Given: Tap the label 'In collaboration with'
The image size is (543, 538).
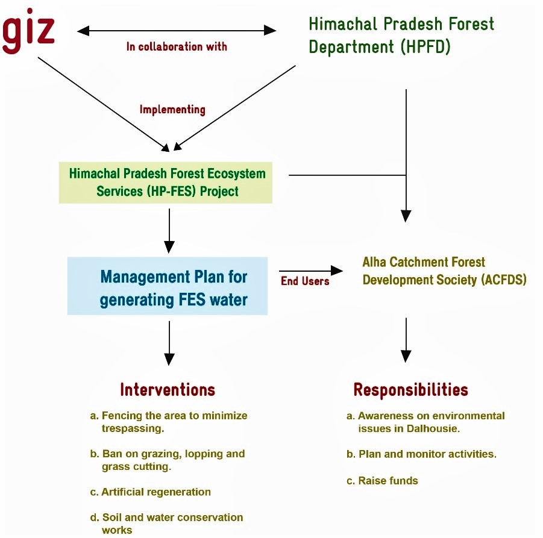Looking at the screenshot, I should tap(177, 46).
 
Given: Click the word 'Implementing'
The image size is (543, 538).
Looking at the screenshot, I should tap(172, 110).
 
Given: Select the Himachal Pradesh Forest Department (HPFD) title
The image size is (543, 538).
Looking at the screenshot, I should tap(401, 35).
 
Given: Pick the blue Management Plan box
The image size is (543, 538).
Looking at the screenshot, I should tap(168, 287).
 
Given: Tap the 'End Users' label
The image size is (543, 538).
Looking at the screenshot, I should tap(305, 281).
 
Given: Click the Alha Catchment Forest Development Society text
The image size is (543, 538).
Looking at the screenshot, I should tap(444, 271).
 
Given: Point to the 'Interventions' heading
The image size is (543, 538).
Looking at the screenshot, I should tap(168, 390).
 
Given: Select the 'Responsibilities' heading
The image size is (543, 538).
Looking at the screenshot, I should tap(410, 390).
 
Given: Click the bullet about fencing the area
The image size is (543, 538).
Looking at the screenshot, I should tap(169, 422).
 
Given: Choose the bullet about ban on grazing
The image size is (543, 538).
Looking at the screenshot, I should tap(168, 460).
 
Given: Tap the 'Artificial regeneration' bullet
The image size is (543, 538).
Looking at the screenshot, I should tap(151, 492).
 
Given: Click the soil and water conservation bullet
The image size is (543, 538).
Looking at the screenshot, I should tap(167, 523).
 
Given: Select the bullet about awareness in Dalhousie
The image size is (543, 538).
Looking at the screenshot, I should tap(425, 422).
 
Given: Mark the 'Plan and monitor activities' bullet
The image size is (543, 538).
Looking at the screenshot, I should tap(421, 454).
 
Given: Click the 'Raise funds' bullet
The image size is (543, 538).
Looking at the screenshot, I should tap(382, 480).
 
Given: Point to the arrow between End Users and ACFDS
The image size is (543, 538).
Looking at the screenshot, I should tap(307, 272).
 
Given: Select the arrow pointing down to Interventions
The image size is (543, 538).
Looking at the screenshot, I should tap(169, 342).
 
